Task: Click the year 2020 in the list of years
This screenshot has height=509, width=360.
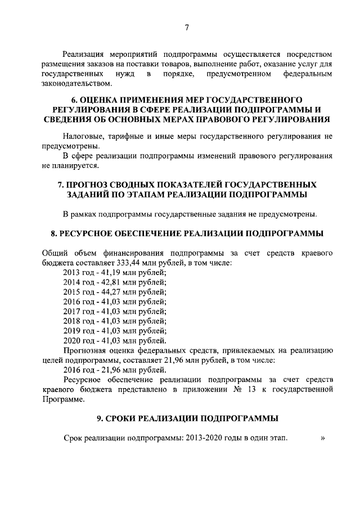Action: tap(71, 340)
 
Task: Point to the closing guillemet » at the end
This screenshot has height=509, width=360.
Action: tap(322, 439)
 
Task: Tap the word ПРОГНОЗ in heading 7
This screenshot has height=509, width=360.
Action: tap(92, 184)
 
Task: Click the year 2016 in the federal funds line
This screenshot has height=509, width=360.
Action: tap(71, 369)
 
